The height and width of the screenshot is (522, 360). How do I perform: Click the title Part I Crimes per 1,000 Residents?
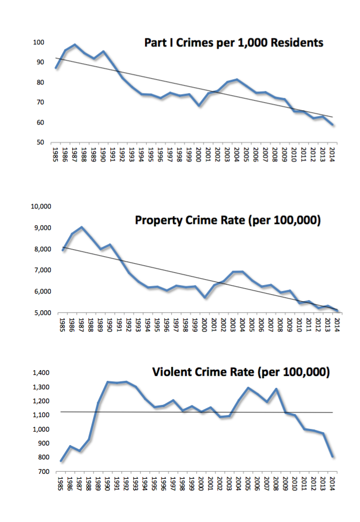(234, 43)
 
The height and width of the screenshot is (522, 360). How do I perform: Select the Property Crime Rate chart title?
(227, 220)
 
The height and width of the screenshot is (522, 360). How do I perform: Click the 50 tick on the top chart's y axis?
(39, 142)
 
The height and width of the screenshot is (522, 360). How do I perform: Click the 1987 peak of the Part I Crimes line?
(75, 44)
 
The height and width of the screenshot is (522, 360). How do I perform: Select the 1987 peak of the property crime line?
(81, 227)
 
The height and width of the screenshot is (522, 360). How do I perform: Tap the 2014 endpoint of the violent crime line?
(332, 456)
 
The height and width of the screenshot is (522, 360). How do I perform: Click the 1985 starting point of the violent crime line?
(61, 460)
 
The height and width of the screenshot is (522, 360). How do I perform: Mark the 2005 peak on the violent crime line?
(248, 388)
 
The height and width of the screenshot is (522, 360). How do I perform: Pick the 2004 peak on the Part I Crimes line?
(237, 80)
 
